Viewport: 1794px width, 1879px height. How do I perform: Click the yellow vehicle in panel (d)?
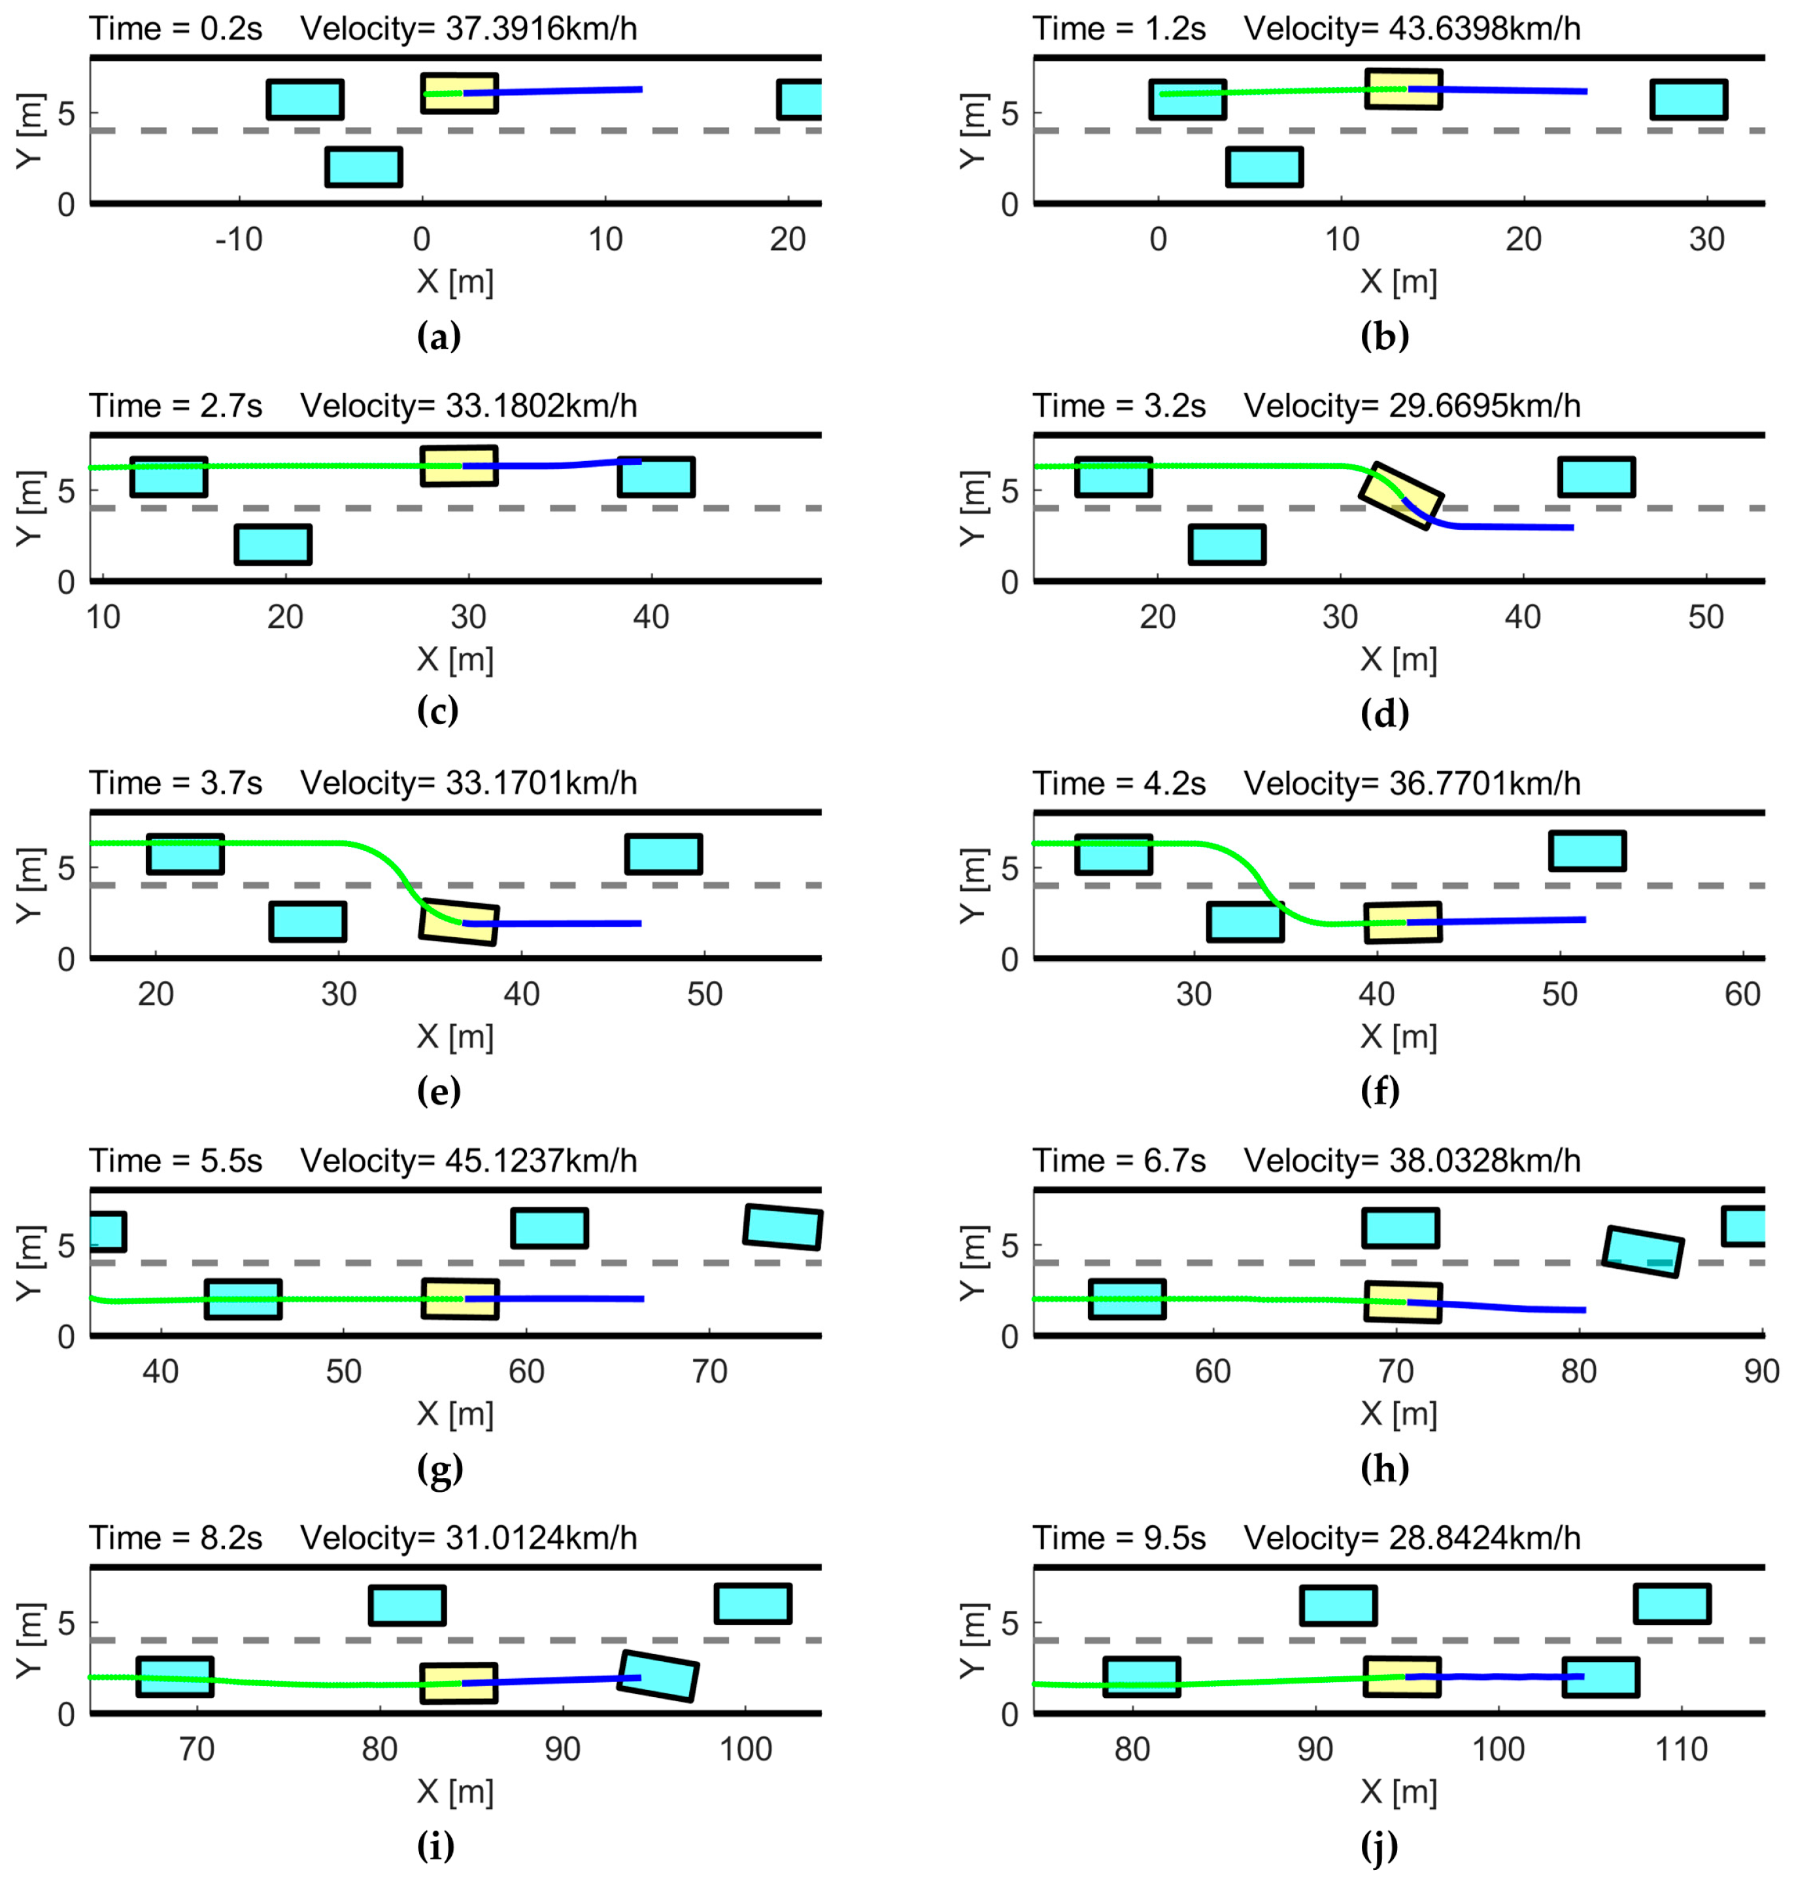coord(1401,496)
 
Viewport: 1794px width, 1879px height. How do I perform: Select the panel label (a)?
coord(439,337)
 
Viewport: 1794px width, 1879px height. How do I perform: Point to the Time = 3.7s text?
coord(176,783)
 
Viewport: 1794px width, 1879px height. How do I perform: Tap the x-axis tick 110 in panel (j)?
coord(1681,1750)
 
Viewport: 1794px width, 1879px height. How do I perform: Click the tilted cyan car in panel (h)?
coord(1642,1251)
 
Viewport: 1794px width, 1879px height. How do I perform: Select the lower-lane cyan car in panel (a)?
coord(364,167)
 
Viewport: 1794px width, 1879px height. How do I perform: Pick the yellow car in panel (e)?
coord(459,922)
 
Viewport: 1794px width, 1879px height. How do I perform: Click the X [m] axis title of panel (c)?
coord(455,659)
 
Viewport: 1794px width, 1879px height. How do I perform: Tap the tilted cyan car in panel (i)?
coord(658,1676)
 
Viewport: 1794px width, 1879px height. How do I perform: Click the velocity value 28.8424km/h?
coord(1484,1538)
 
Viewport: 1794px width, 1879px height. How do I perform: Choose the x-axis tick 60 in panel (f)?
coord(1742,995)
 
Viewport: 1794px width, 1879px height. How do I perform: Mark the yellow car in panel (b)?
coord(1403,89)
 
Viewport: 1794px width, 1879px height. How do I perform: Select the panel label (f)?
coord(1379,1091)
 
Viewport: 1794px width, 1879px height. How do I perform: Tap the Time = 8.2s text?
coord(176,1538)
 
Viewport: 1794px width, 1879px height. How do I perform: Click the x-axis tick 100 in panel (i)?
coord(745,1750)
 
